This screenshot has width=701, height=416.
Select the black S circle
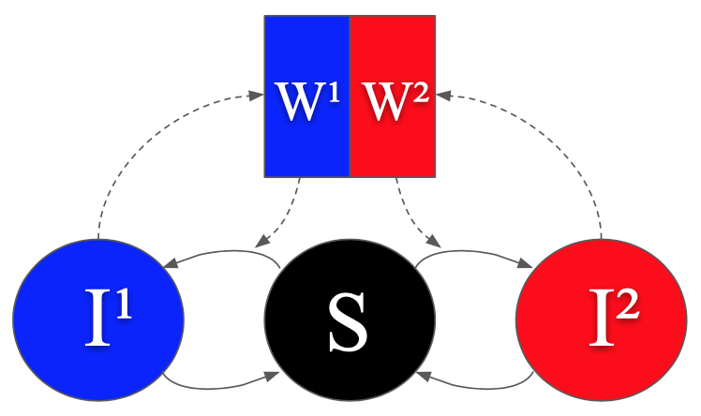coord(350,319)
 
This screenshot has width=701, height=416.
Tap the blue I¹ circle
coord(97,319)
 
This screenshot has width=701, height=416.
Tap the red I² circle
coord(601,319)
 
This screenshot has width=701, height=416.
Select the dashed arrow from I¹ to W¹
coord(141,131)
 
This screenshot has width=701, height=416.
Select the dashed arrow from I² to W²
coord(562,131)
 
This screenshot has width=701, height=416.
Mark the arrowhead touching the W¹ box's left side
coord(256,94)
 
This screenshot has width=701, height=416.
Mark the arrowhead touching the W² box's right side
coord(443,94)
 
